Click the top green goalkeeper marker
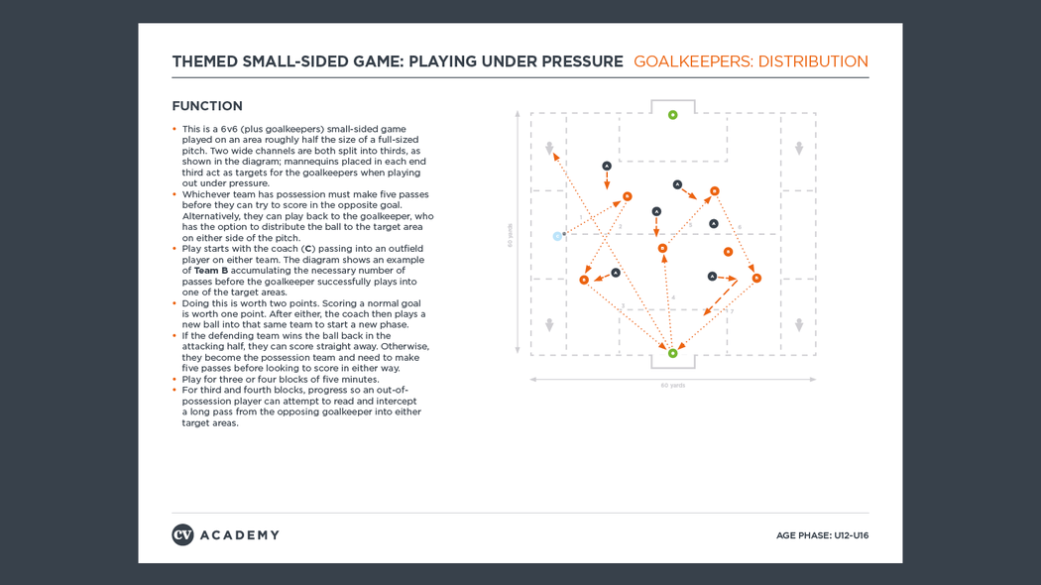click(x=672, y=115)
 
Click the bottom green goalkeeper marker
click(x=672, y=353)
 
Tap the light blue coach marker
click(x=557, y=236)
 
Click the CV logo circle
click(x=182, y=535)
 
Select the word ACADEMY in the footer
click(x=239, y=535)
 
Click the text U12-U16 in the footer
click(x=851, y=535)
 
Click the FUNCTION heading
click(x=207, y=106)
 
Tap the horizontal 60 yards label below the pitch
click(x=672, y=386)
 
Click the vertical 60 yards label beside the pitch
click(x=511, y=235)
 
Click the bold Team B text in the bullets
click(x=210, y=271)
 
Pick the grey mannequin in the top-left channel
click(x=549, y=149)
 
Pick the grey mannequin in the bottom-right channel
click(x=798, y=325)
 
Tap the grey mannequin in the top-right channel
click(x=798, y=149)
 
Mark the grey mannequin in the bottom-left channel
click(x=549, y=325)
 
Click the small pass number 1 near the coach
click(x=581, y=218)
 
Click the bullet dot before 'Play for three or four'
click(x=174, y=380)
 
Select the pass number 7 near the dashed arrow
click(x=731, y=311)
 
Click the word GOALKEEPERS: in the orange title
click(x=692, y=61)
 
